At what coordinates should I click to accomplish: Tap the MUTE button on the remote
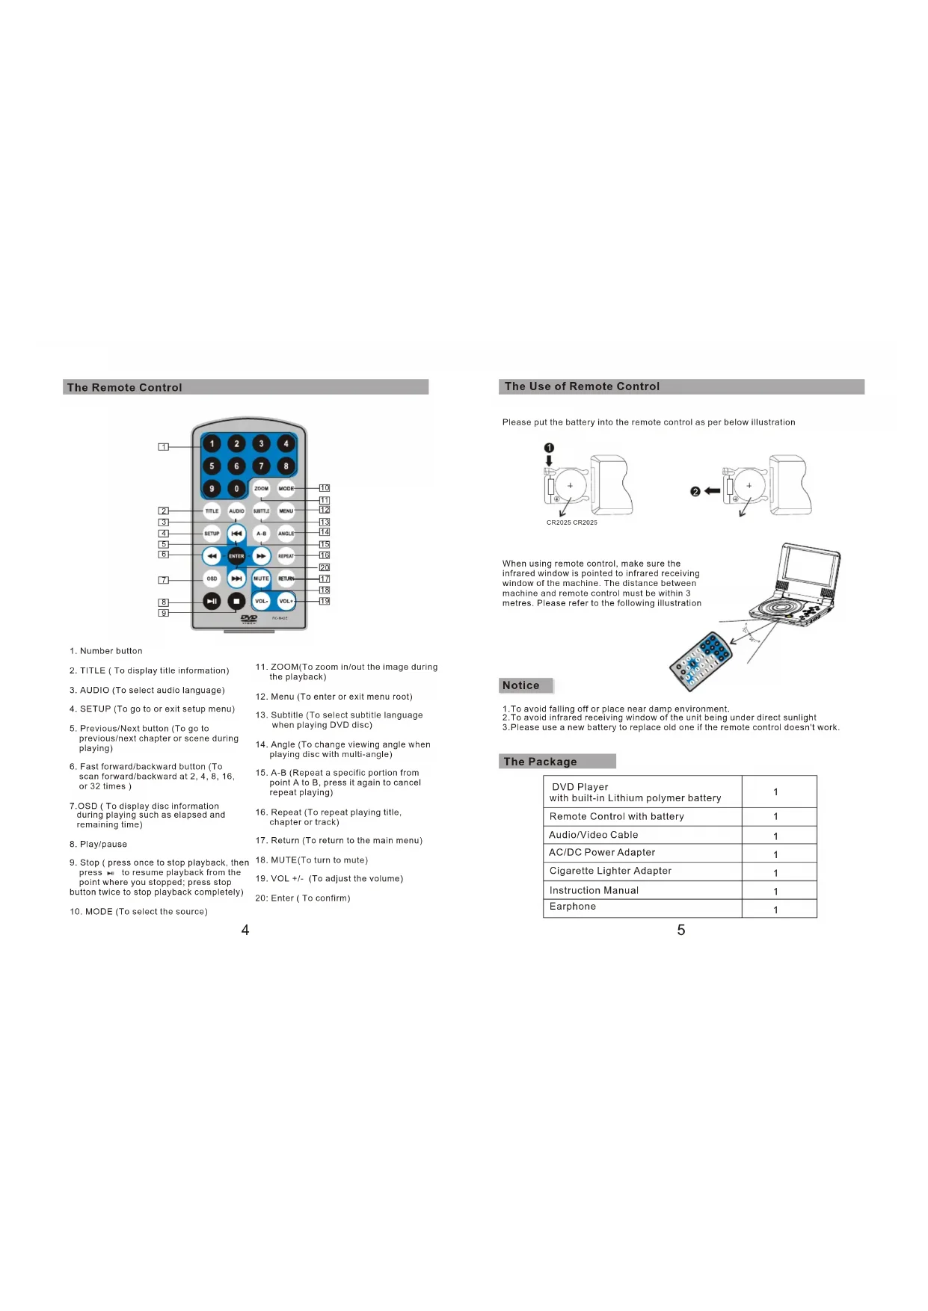click(x=261, y=579)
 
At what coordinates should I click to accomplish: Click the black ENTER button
click(x=236, y=556)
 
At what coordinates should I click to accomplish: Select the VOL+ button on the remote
click(x=286, y=601)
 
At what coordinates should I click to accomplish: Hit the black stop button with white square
click(x=236, y=601)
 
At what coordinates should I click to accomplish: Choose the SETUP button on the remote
click(x=212, y=534)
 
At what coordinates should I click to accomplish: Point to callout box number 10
click(x=325, y=488)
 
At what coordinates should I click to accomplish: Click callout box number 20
click(x=325, y=568)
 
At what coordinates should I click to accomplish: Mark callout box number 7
click(x=164, y=580)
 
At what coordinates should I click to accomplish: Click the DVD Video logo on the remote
click(x=249, y=619)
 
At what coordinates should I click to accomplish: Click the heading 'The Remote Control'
click(x=124, y=387)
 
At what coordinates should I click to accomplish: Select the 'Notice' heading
click(x=521, y=685)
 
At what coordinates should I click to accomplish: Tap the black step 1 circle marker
click(x=549, y=448)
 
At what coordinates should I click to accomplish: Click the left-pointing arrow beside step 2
click(x=713, y=491)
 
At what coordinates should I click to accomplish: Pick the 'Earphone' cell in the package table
click(x=573, y=907)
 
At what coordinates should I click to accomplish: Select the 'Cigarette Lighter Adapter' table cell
click(x=610, y=871)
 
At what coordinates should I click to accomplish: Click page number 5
click(x=681, y=930)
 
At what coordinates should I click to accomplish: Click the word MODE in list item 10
click(x=99, y=912)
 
